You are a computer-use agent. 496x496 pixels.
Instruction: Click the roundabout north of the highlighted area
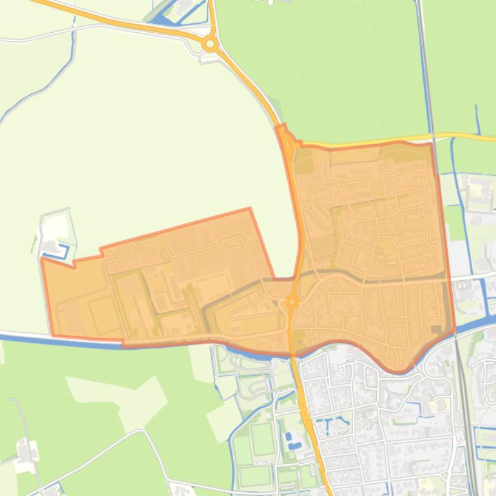[x=209, y=44]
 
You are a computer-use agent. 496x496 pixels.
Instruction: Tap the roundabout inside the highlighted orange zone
[x=292, y=301]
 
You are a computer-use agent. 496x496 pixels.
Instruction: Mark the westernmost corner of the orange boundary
[x=43, y=260]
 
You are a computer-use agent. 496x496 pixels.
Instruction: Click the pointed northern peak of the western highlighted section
[x=249, y=209]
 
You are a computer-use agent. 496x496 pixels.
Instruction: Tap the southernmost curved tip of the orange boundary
[x=398, y=372]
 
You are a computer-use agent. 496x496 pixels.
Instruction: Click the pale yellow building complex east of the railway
[x=479, y=190]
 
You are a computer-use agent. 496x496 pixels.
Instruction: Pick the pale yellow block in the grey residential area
[x=440, y=406]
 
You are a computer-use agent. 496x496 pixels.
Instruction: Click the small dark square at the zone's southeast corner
[x=437, y=330]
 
